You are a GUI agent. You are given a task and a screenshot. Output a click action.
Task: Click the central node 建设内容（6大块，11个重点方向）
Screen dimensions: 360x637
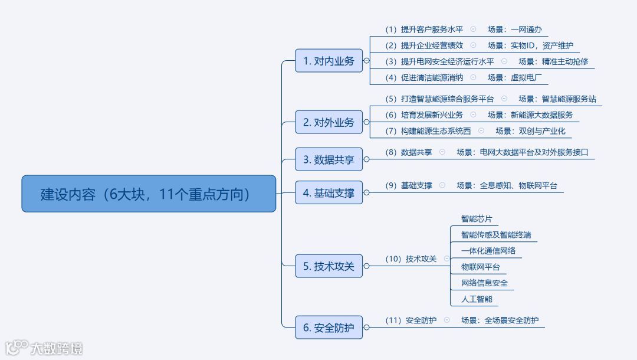pos(149,194)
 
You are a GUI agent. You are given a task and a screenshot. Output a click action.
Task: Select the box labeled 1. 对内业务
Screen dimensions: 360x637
pos(329,61)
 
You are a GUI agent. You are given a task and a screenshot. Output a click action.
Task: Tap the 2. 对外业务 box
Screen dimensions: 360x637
pos(329,122)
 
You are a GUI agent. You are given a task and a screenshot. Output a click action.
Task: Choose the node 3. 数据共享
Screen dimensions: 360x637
pos(329,159)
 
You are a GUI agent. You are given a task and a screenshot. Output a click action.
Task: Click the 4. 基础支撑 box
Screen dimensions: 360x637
pos(329,193)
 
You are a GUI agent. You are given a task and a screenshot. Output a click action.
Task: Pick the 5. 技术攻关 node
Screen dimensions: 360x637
pos(329,266)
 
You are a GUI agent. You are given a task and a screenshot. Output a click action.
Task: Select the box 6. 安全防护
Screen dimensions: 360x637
pos(329,328)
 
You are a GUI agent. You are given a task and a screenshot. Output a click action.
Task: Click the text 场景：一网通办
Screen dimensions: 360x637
pos(514,29)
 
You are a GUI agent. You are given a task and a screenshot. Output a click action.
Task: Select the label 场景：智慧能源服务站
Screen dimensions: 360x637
pos(557,99)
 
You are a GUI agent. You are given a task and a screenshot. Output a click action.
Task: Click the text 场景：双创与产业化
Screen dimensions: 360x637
pos(530,130)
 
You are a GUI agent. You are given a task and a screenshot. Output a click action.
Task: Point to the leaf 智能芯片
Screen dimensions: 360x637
pos(476,218)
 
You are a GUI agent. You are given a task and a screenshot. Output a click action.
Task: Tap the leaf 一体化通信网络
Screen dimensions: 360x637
pos(488,251)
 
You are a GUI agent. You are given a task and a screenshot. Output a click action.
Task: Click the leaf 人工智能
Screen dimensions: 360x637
pos(476,299)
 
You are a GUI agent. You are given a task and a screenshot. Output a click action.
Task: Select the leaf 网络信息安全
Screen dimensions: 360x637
pos(484,283)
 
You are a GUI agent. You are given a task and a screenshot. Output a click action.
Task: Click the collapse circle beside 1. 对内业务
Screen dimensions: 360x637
pos(366,61)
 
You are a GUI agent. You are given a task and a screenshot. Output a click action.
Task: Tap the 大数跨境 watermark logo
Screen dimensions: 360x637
pos(44,348)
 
